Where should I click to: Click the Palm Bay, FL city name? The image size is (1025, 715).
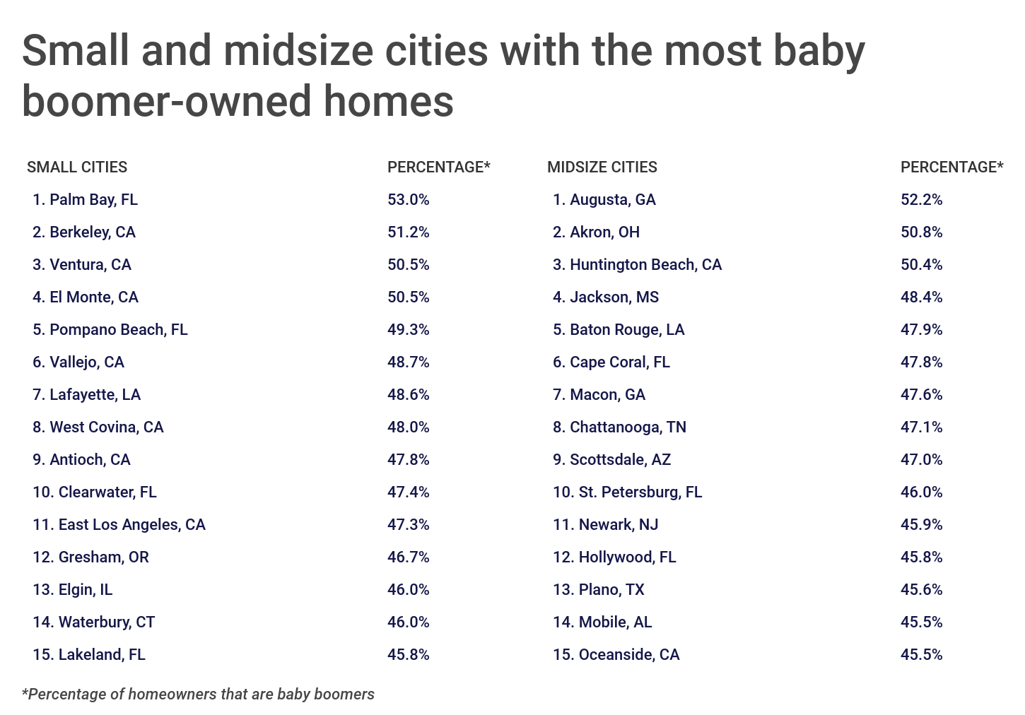93,200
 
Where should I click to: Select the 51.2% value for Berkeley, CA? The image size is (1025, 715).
408,232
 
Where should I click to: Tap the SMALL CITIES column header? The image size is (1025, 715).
77,167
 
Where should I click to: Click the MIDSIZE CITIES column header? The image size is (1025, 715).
602,167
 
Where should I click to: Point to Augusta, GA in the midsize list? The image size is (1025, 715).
612,200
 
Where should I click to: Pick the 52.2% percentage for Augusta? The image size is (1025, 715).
921,200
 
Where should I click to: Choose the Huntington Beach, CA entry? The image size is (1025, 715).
645,265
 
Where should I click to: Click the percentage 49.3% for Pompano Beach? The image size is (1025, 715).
408,330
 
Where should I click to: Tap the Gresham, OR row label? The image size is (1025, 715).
103,557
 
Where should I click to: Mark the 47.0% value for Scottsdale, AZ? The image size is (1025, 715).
921,460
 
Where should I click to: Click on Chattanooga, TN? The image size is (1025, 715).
628,427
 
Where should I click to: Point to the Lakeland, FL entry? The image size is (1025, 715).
102,655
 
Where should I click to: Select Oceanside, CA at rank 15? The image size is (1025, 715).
628,655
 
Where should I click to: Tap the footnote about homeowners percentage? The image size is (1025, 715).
198,695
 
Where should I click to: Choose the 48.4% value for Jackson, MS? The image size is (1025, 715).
921,297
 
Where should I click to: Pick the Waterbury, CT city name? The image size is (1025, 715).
106,622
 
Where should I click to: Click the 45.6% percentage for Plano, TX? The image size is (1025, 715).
921,590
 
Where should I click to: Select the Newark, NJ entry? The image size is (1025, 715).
618,525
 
